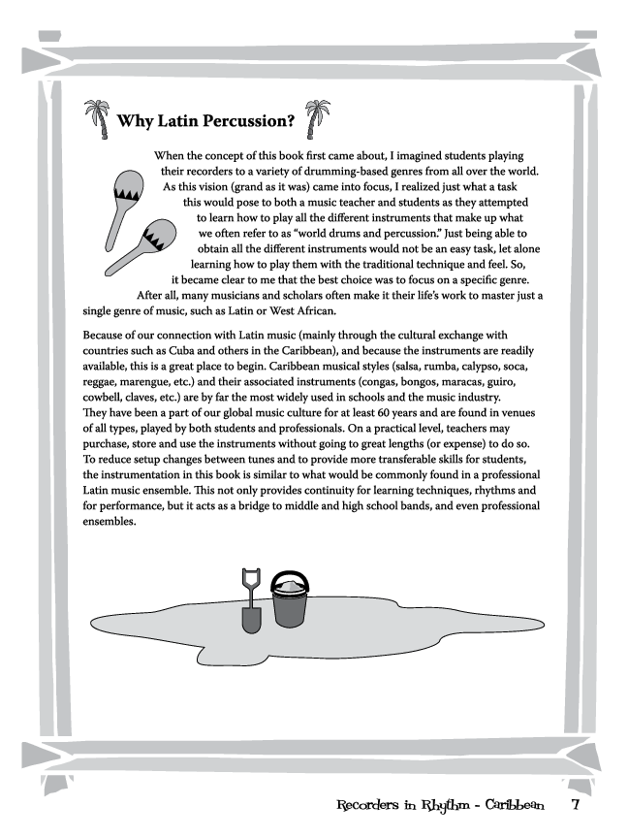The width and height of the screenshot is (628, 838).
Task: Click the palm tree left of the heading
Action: (94, 120)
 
